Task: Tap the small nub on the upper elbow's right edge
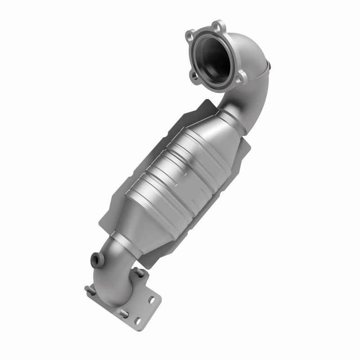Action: point(269,66)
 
